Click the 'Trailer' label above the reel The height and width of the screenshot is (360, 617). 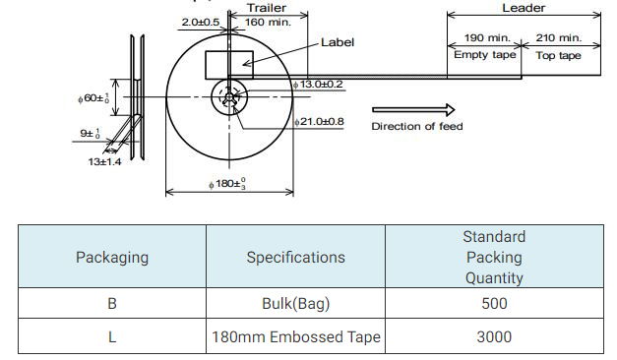click(x=267, y=8)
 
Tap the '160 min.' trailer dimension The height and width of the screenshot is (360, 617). click(x=268, y=22)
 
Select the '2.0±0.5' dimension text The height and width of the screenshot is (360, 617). click(x=201, y=22)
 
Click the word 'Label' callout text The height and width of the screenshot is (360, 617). click(x=338, y=42)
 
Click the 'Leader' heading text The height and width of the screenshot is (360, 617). click(x=524, y=8)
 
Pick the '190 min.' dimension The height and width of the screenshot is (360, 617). click(x=487, y=37)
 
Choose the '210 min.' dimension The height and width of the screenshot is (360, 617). click(x=558, y=37)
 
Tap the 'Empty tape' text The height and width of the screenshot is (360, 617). click(x=485, y=55)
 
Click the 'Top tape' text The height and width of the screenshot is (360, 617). click(x=558, y=55)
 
